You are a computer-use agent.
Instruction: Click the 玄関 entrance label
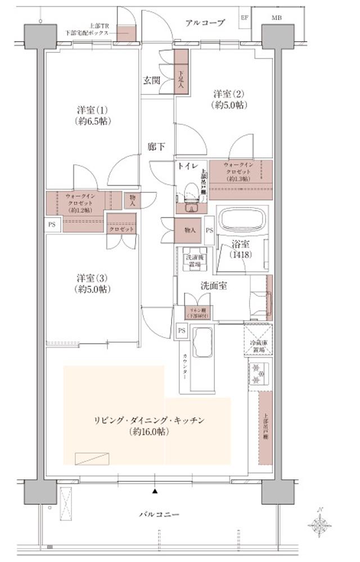click(x=151, y=80)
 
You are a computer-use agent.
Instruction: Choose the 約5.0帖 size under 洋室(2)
click(x=227, y=105)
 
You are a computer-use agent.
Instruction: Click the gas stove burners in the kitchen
click(x=258, y=374)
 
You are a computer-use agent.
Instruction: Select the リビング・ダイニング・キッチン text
click(x=148, y=420)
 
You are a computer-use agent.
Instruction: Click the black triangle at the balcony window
click(x=155, y=491)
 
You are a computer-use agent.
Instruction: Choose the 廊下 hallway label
click(x=156, y=147)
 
